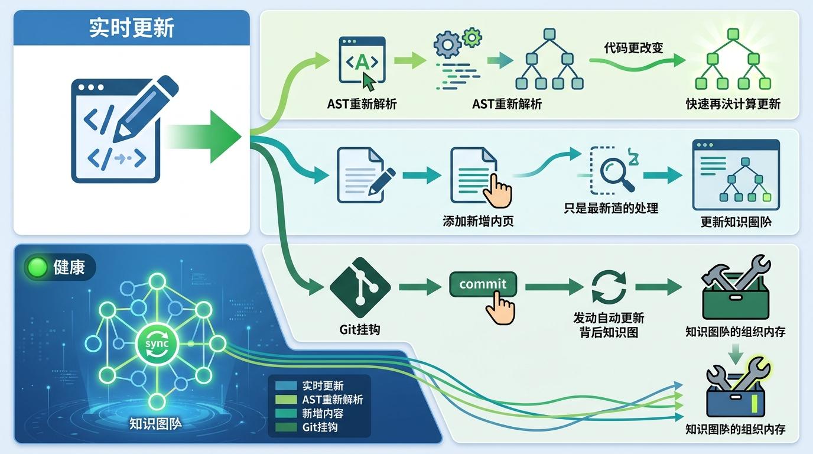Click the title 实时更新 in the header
[x=131, y=28]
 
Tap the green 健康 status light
[x=37, y=268]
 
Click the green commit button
[x=483, y=284]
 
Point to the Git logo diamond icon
[x=360, y=287]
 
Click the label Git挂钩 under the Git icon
[x=360, y=329]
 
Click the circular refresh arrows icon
[x=609, y=287]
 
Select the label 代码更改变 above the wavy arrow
[x=633, y=48]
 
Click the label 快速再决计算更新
[x=733, y=104]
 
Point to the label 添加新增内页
[x=478, y=221]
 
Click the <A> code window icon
[x=362, y=61]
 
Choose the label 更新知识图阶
[x=736, y=222]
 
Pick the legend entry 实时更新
[x=323, y=386]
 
